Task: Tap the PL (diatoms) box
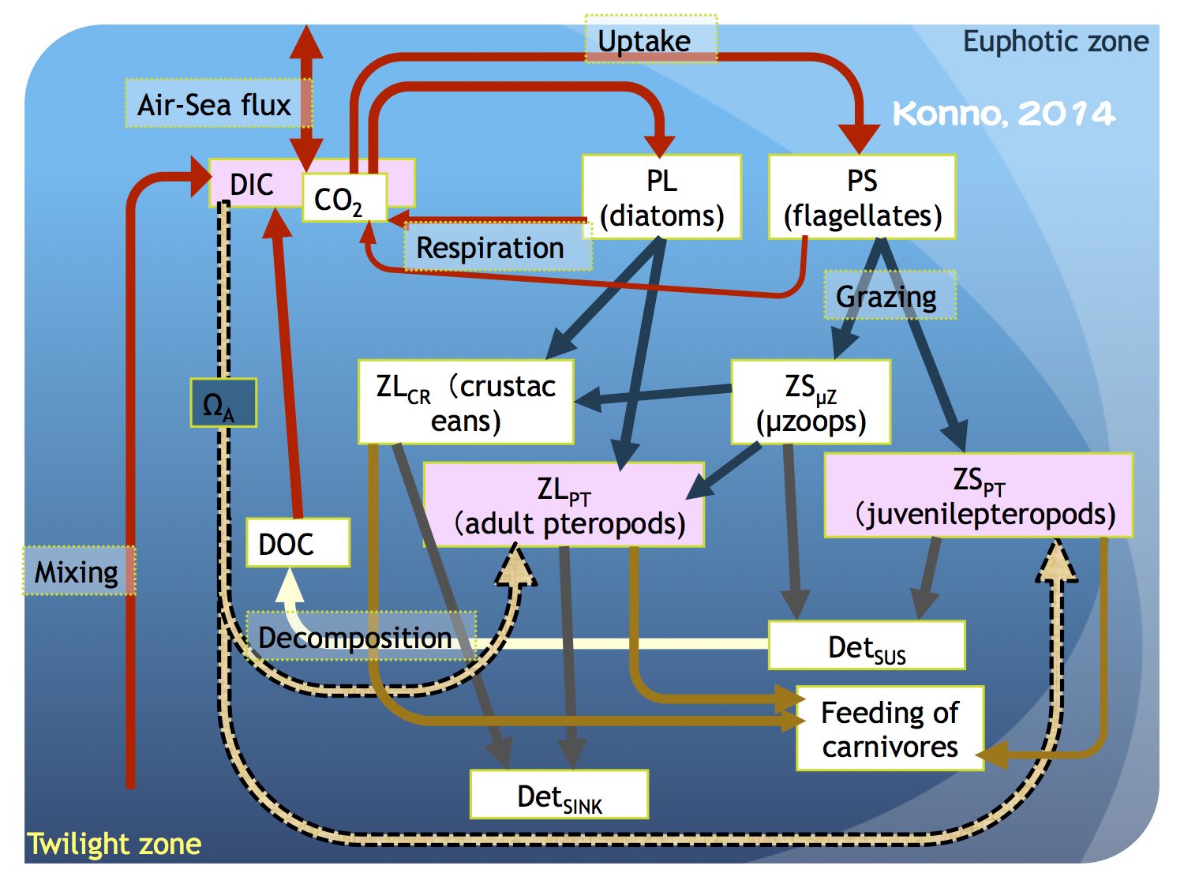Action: click(661, 197)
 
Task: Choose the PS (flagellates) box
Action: click(862, 197)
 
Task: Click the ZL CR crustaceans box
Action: click(466, 402)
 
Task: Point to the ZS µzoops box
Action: click(811, 402)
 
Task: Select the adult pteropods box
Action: click(564, 505)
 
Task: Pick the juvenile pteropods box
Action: click(979, 496)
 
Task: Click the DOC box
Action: click(298, 543)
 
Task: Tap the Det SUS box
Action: click(867, 646)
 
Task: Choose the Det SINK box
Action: click(559, 795)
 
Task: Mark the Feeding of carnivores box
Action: click(890, 729)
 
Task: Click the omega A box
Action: click(223, 403)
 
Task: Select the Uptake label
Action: click(650, 39)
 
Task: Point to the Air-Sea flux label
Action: click(215, 104)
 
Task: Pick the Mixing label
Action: click(78, 571)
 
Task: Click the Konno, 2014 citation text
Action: click(1002, 114)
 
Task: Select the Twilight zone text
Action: click(114, 844)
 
